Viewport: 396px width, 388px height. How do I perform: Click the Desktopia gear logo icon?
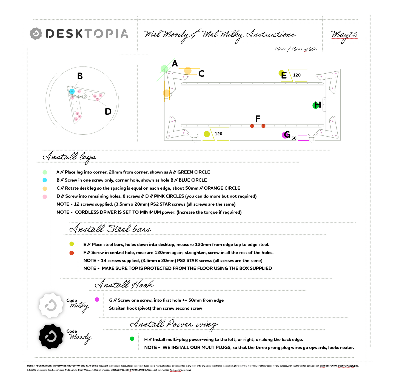click(36, 34)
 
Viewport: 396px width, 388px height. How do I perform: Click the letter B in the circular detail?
click(80, 76)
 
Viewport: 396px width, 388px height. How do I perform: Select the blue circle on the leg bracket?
click(72, 91)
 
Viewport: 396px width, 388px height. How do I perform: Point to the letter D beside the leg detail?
click(108, 112)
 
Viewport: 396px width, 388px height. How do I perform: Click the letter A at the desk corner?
click(175, 64)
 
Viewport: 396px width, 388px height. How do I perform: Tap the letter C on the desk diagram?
click(201, 74)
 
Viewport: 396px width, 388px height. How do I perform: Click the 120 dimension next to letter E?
click(297, 75)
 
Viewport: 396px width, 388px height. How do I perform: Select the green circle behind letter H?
click(315, 105)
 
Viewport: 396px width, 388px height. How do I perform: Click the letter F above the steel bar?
click(258, 118)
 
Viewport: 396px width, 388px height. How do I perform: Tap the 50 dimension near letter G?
click(294, 138)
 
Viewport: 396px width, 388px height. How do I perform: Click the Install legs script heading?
click(70, 157)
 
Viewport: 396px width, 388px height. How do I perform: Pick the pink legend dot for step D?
click(45, 197)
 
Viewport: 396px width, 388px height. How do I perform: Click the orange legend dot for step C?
click(45, 189)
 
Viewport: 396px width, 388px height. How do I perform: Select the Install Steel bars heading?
click(110, 229)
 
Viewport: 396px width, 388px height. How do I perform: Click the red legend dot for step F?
click(72, 253)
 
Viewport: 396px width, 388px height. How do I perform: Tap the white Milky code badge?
click(51, 305)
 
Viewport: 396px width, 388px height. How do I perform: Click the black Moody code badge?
click(51, 337)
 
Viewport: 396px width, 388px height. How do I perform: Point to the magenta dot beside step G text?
click(97, 300)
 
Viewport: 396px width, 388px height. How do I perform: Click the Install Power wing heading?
click(174, 324)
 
